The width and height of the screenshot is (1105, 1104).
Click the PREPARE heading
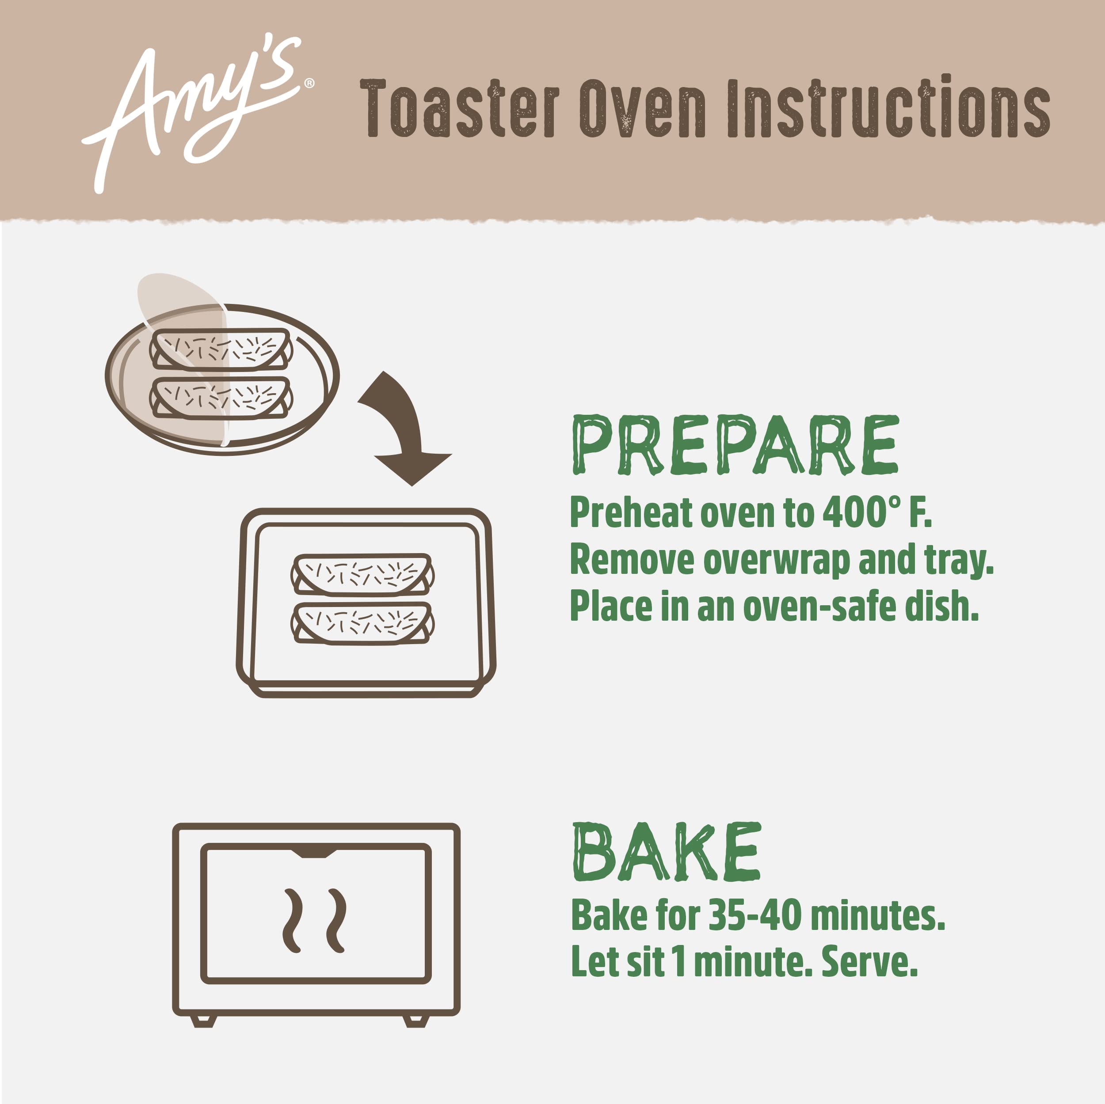735,445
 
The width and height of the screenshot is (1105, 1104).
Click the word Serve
869,963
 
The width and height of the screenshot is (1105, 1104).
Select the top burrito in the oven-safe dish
362,574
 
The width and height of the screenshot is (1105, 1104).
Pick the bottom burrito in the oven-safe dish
362,622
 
